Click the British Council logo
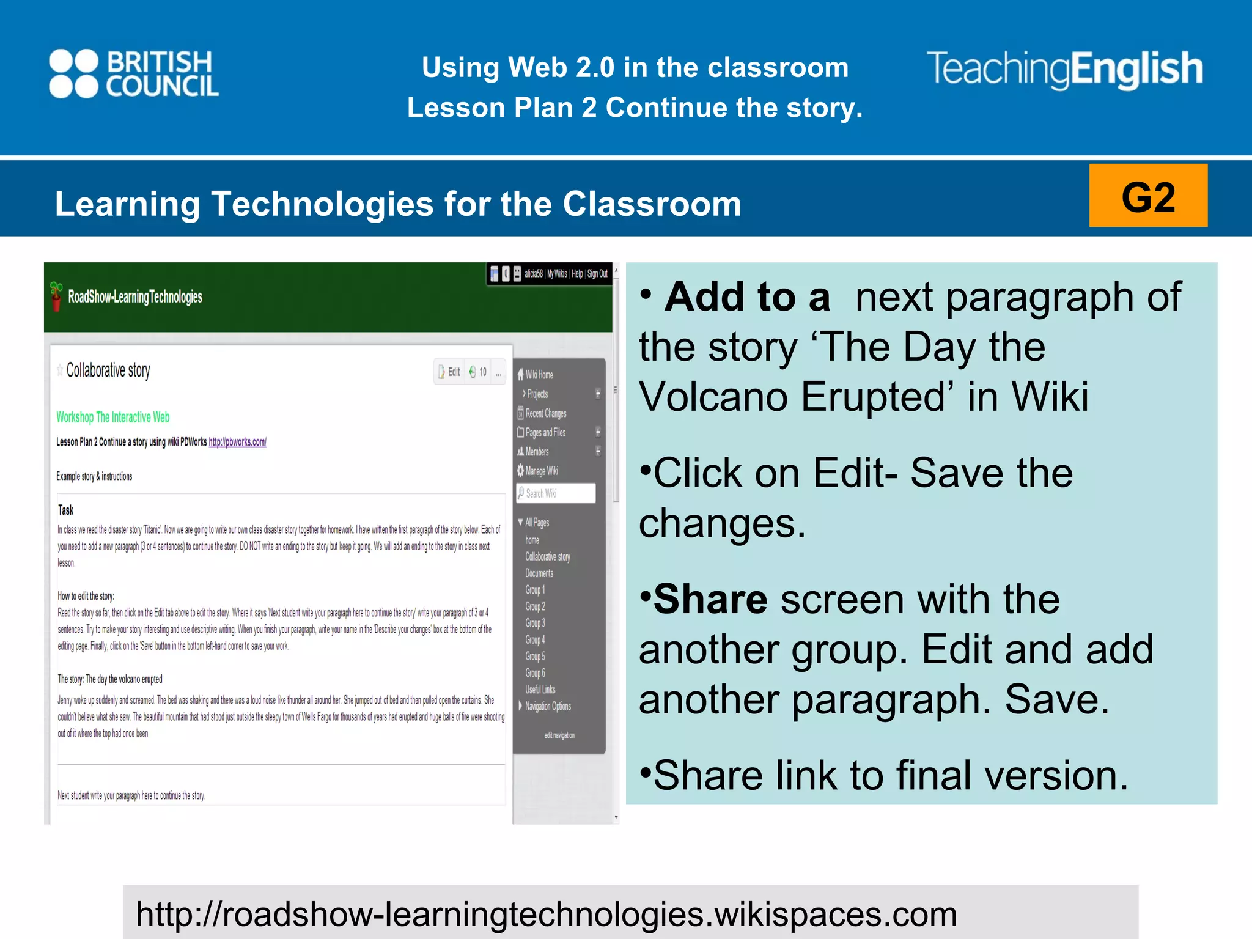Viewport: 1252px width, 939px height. click(x=134, y=73)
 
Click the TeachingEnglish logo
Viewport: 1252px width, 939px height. click(x=1064, y=69)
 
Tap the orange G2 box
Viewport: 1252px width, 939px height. click(x=1147, y=196)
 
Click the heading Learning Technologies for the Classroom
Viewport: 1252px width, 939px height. click(x=398, y=204)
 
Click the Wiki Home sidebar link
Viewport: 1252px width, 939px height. click(x=539, y=375)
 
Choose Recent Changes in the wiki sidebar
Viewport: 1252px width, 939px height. click(x=545, y=413)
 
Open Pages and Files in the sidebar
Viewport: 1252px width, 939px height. click(x=545, y=432)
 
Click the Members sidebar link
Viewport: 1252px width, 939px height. click(x=537, y=452)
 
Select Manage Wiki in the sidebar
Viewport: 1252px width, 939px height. click(x=541, y=471)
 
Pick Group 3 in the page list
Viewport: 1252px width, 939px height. click(x=535, y=623)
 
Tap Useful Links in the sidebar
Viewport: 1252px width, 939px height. click(x=540, y=689)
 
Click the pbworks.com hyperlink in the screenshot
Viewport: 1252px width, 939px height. click(x=237, y=442)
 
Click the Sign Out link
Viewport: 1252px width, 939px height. click(x=597, y=274)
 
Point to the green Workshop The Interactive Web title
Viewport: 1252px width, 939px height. click(x=113, y=417)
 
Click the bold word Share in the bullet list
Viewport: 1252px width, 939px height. click(x=710, y=599)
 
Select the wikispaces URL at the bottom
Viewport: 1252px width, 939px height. click(x=546, y=914)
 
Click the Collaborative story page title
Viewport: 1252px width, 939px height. click(x=108, y=370)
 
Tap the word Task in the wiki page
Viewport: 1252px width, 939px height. click(x=65, y=510)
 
